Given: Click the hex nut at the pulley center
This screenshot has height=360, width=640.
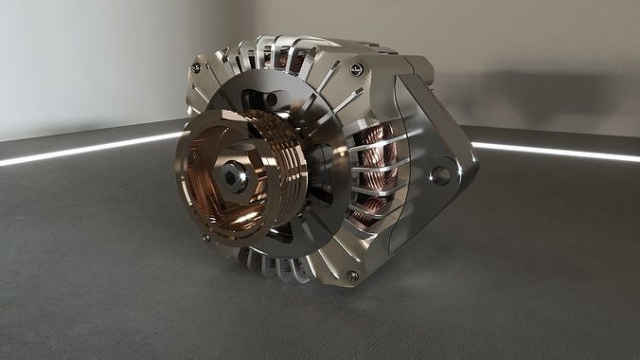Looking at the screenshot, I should coord(233,176).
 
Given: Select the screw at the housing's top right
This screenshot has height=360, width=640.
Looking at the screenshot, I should coord(357,68).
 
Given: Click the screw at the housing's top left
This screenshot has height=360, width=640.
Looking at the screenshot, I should coord(196,67).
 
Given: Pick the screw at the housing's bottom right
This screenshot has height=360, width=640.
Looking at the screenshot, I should coord(352,276).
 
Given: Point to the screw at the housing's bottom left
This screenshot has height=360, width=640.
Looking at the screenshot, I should coord(205,238).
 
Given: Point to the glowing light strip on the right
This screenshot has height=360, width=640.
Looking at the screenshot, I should coord(559,152).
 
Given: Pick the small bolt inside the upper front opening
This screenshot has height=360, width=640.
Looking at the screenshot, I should coord(271,99).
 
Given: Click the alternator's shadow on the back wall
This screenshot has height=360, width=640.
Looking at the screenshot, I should coord(530,95).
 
